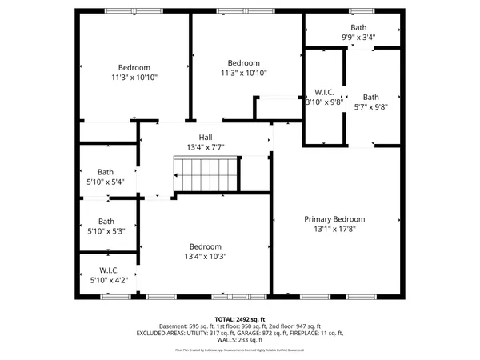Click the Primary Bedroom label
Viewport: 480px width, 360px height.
tap(334, 218)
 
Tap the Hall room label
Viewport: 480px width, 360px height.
tap(206, 138)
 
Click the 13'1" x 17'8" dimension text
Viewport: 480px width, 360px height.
tap(334, 228)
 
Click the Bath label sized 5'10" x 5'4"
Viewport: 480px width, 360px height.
tap(106, 171)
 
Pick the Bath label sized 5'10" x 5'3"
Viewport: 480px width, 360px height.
tap(106, 222)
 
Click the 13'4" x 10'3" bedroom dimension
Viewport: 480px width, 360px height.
tap(206, 256)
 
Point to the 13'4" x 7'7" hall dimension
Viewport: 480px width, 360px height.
tap(206, 147)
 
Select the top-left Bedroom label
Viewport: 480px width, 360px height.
tap(134, 67)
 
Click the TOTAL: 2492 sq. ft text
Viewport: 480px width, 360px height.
tap(240, 318)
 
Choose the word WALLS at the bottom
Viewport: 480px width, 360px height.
tap(225, 341)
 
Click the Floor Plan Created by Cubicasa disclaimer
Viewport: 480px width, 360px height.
tap(240, 350)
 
